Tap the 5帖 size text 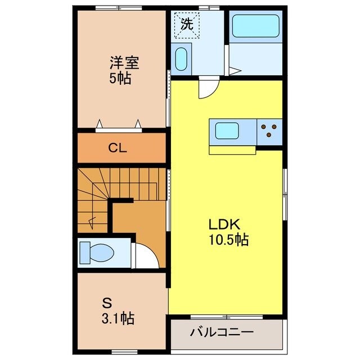pos(120,79)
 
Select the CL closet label pos(118,148)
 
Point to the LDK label pos(224,224)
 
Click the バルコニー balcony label pos(221,332)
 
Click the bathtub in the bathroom pos(255,26)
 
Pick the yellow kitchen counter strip pos(232,150)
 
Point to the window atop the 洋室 pos(110,8)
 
